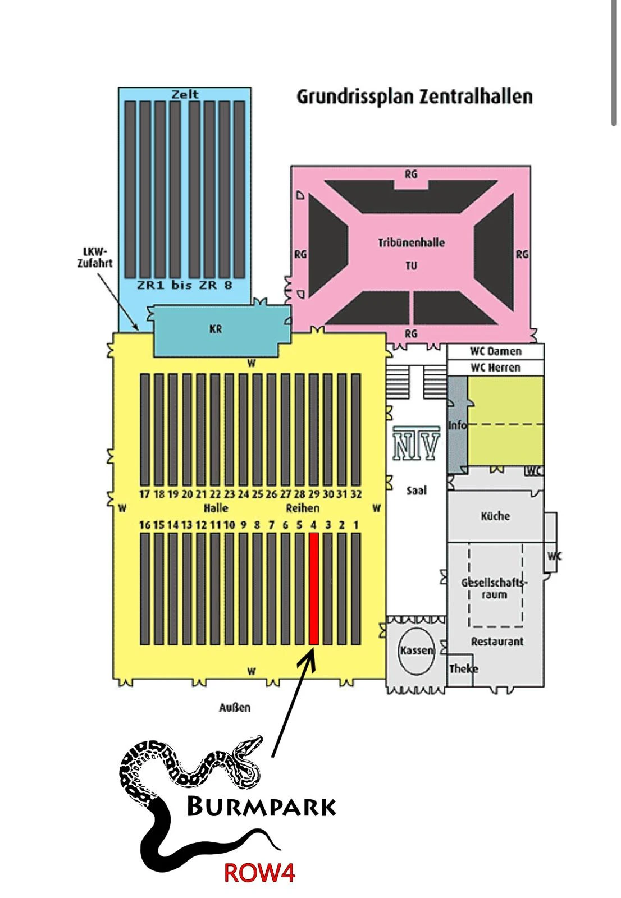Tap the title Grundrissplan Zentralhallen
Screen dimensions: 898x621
coord(414,97)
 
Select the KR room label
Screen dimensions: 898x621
coord(216,329)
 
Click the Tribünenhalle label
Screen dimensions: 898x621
coord(412,242)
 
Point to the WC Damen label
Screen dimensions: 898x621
coord(495,352)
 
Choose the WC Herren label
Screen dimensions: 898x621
coord(495,368)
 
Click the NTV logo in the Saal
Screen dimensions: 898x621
coord(416,443)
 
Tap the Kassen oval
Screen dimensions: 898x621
coord(417,650)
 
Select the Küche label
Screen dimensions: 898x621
coord(495,516)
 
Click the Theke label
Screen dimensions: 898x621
coord(463,668)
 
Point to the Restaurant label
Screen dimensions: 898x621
coord(497,642)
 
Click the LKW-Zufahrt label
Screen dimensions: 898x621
coord(95,258)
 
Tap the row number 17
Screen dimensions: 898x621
coord(145,494)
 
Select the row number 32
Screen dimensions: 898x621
coord(356,494)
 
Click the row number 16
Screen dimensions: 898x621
coord(145,525)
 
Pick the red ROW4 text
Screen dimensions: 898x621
coord(259,873)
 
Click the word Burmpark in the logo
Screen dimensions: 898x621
coord(261,807)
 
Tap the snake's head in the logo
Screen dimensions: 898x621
coord(250,745)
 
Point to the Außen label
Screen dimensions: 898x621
coord(235,708)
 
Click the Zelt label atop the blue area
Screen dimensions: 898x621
coord(185,94)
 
